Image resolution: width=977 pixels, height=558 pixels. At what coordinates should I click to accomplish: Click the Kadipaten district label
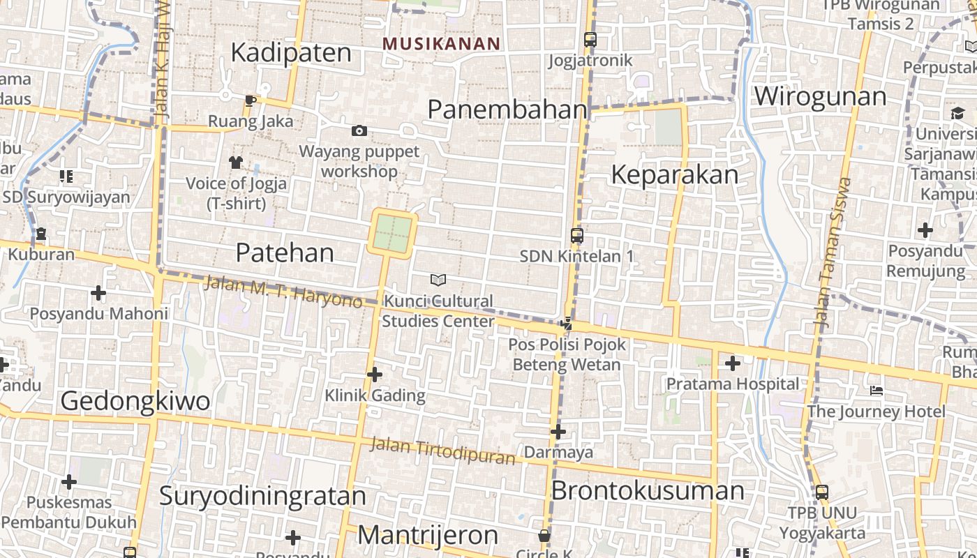291,52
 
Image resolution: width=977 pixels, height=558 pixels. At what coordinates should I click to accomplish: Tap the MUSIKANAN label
441,43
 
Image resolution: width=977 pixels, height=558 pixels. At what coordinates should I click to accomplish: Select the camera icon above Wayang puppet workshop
359,130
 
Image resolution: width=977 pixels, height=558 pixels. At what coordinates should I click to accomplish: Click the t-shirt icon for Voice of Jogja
236,163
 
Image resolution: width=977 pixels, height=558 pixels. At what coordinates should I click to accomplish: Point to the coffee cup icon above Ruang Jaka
251,101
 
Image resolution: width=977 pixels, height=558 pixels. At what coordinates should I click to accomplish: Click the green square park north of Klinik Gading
393,234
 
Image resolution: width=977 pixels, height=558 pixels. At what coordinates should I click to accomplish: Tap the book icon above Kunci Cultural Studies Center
438,280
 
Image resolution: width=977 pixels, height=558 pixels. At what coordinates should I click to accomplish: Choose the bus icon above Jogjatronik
590,40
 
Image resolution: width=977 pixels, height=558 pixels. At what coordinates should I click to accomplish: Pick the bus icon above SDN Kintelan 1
576,236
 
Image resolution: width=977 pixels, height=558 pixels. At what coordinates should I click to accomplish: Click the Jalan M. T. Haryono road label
283,291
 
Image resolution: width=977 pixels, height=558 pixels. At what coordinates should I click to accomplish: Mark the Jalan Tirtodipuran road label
442,451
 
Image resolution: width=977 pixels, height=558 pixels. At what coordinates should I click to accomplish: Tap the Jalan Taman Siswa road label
833,252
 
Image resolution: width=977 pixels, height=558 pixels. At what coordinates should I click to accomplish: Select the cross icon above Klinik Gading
375,375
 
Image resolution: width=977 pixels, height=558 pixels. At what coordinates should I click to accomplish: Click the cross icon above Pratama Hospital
733,363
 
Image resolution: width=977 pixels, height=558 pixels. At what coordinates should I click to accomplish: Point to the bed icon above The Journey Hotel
877,391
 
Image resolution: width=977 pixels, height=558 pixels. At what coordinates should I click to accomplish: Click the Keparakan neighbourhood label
674,174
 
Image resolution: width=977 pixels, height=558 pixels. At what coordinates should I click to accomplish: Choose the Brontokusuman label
648,490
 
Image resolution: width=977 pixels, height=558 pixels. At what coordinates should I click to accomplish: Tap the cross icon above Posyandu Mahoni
98,293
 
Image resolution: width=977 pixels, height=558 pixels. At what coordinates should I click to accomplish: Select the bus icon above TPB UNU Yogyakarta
822,492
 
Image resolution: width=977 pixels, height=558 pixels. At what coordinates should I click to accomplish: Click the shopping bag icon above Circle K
544,536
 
